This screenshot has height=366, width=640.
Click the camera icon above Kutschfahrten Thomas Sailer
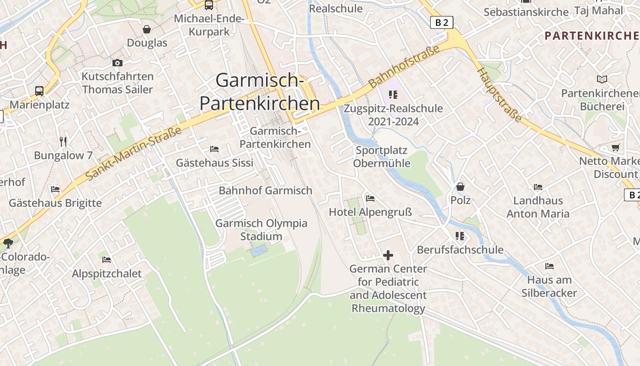coord(117,63)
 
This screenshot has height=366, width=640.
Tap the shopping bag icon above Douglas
coord(147,29)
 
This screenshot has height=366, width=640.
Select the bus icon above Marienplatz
coord(39,91)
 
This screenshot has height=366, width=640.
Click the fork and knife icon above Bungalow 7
coord(63,141)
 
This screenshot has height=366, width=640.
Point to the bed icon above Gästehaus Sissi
coord(214,149)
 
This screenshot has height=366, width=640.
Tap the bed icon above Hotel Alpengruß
coord(370,198)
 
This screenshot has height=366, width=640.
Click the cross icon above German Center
coord(388,255)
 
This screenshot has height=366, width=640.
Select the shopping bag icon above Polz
coord(460,187)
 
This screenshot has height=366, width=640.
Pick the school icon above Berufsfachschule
coord(460,236)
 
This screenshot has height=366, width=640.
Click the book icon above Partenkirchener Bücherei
coord(602,79)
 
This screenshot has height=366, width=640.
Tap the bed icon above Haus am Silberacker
coord(549,266)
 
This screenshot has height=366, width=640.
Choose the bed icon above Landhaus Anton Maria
coord(538,187)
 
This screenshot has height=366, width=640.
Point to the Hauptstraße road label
coord(499,95)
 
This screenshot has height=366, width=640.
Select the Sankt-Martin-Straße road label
coord(133,153)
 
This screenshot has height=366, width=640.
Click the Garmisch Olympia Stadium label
coord(261,230)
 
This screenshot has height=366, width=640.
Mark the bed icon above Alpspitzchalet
coord(107,259)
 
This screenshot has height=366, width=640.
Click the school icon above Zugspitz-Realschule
coord(393,95)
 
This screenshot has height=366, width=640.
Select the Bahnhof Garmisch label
coord(266,190)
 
